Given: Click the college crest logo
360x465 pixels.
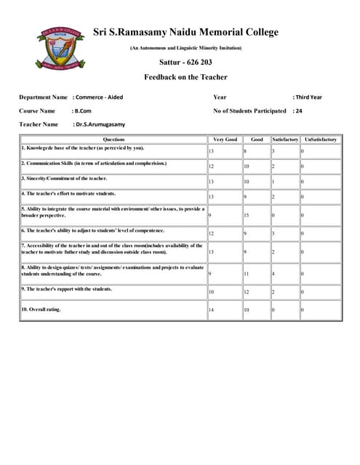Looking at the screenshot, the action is point(52,50).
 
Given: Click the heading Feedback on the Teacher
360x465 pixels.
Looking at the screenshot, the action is point(185,77).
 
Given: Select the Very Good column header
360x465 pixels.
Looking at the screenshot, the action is point(224,139).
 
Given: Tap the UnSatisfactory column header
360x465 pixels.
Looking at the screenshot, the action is point(320,139).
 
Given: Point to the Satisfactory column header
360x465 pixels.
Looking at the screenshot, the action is point(284,139).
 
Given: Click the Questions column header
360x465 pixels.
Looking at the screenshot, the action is point(113,139).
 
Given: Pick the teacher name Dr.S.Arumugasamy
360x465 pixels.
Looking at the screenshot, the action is point(99,124).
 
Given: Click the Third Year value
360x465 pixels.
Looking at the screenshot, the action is point(307,97).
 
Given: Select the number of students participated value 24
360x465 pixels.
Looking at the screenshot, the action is point(297,110).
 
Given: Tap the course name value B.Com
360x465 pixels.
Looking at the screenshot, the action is point(82,110).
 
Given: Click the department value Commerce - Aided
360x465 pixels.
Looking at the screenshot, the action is point(102,97).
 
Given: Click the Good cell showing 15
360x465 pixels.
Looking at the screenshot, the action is point(255,215).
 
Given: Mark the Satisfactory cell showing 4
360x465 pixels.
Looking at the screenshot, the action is point(284,273).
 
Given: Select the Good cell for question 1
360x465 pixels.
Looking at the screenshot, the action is point(255,151).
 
